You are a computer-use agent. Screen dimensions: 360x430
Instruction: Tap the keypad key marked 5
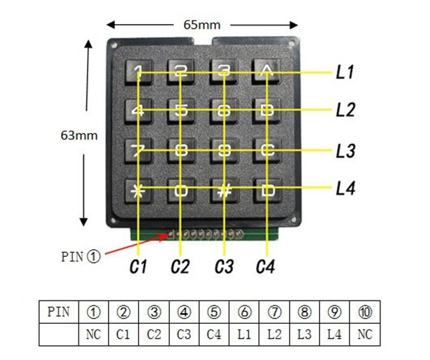[x=181, y=110]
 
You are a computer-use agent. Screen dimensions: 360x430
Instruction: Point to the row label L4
[x=345, y=189]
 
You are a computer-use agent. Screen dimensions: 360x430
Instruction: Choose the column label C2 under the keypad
[x=180, y=267]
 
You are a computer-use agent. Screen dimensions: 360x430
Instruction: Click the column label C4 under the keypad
[x=266, y=267]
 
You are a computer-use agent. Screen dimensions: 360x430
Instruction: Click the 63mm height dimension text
[x=79, y=135]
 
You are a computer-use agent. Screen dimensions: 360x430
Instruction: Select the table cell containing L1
[x=244, y=334]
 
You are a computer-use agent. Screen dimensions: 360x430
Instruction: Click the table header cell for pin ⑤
[x=214, y=312]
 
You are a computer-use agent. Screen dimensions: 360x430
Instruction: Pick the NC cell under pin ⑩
[x=364, y=334]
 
